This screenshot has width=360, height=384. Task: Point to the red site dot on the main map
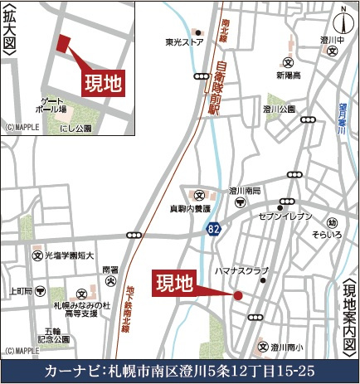tap(239, 294)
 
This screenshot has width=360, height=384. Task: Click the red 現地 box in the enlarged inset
tap(103, 82)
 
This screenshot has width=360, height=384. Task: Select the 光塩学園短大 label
tap(70, 255)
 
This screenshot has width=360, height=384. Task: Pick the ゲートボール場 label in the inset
tap(51, 105)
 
